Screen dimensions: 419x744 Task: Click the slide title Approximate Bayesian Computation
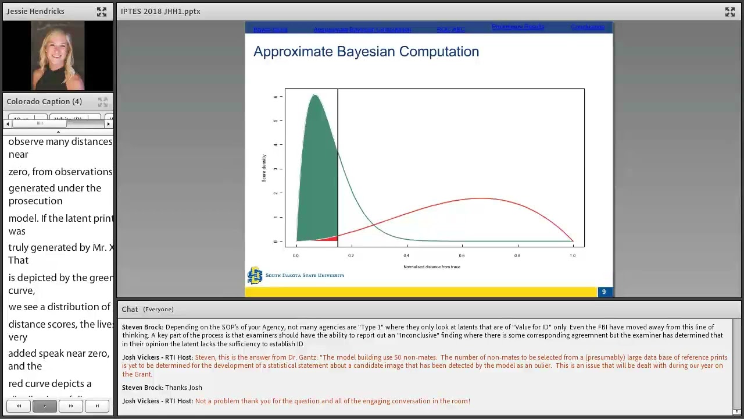366,52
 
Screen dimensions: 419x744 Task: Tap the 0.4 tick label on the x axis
406,255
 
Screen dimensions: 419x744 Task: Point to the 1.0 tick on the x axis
573,255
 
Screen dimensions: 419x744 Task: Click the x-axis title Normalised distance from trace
432,267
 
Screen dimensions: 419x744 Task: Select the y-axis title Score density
264,168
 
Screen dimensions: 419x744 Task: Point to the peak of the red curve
481,199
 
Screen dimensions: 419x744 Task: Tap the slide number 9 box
604,292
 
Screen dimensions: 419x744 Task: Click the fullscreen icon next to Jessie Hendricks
102,12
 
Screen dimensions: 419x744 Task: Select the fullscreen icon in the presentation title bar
730,12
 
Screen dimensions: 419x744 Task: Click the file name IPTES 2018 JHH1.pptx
160,12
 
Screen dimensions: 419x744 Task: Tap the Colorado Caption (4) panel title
44,102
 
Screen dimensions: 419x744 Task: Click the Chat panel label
130,310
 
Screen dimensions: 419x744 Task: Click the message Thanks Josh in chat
184,388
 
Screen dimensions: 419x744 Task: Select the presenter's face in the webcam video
57,47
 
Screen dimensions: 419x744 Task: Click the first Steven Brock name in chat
142,327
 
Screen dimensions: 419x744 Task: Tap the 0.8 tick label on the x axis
517,255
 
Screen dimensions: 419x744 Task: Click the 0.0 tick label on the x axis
296,255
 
